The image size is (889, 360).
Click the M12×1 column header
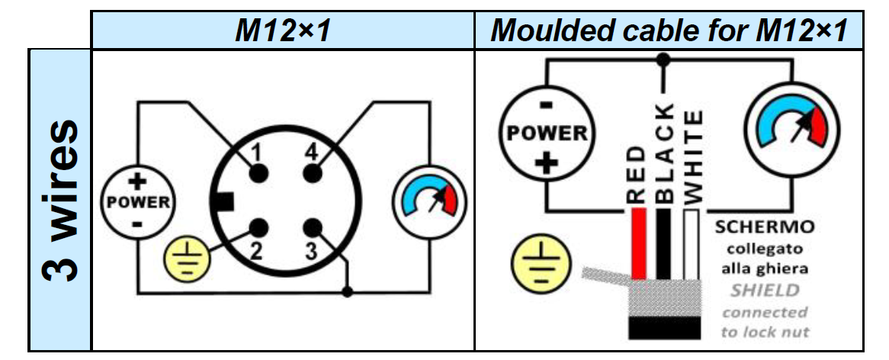(x=281, y=31)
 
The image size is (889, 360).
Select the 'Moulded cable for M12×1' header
(x=669, y=31)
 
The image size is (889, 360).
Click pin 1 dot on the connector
(x=260, y=174)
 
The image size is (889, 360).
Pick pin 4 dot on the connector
(x=311, y=174)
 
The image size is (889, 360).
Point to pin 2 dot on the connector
(x=260, y=227)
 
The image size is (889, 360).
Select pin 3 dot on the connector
(x=311, y=227)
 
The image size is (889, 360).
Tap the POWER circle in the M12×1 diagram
(x=138, y=202)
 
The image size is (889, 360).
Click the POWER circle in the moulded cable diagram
(x=544, y=133)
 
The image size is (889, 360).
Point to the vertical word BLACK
(x=665, y=153)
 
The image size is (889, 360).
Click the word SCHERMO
(x=764, y=227)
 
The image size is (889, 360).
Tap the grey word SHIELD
(x=765, y=291)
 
